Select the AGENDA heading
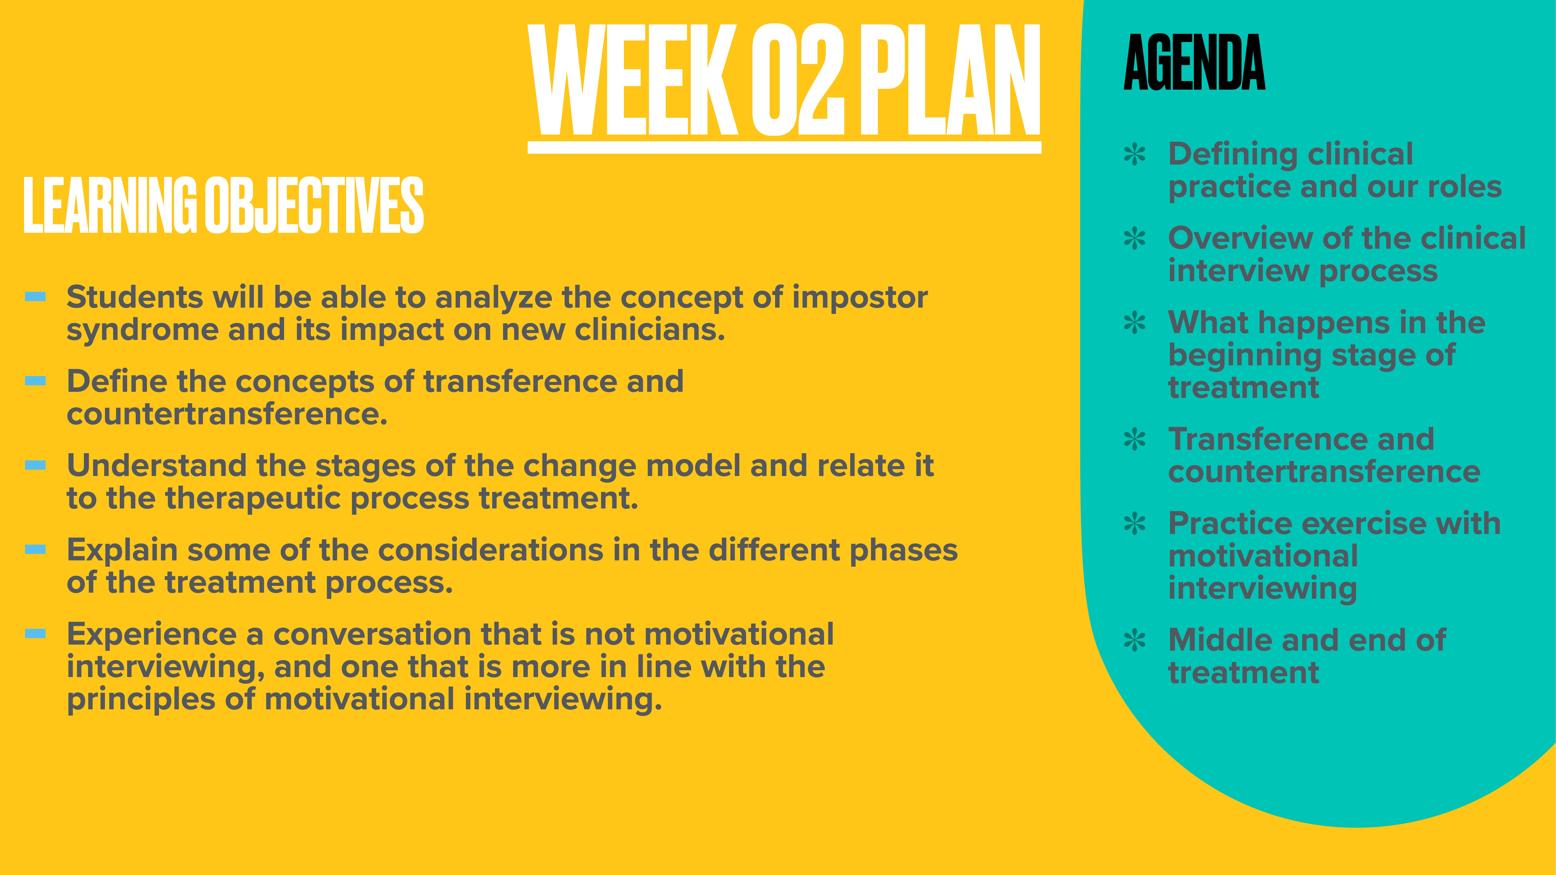pyautogui.click(x=1194, y=63)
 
